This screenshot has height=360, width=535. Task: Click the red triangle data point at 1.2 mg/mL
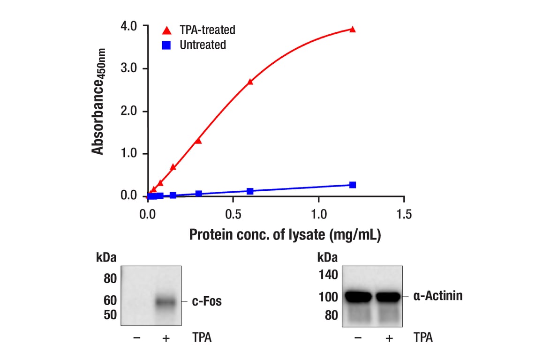pyautogui.click(x=353, y=30)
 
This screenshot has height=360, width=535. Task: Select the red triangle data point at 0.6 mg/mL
pyautogui.click(x=250, y=82)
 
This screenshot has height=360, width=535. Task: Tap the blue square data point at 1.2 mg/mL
pyautogui.click(x=353, y=185)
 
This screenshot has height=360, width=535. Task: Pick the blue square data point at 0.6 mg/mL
pyautogui.click(x=250, y=191)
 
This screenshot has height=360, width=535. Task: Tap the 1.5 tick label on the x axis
pyautogui.click(x=404, y=215)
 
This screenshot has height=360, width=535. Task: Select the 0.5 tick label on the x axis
pyautogui.click(x=233, y=215)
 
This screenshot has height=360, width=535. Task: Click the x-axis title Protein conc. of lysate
pyautogui.click(x=285, y=235)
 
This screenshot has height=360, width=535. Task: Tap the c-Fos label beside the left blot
pyautogui.click(x=207, y=301)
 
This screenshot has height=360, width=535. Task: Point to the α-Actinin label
pyautogui.click(x=438, y=296)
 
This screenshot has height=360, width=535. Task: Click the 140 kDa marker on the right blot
pyautogui.click(x=328, y=275)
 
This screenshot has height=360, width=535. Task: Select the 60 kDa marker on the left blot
pyautogui.click(x=110, y=300)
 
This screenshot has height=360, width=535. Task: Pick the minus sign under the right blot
pyautogui.click(x=358, y=337)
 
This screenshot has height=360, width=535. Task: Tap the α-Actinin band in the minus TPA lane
pyautogui.click(x=358, y=297)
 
